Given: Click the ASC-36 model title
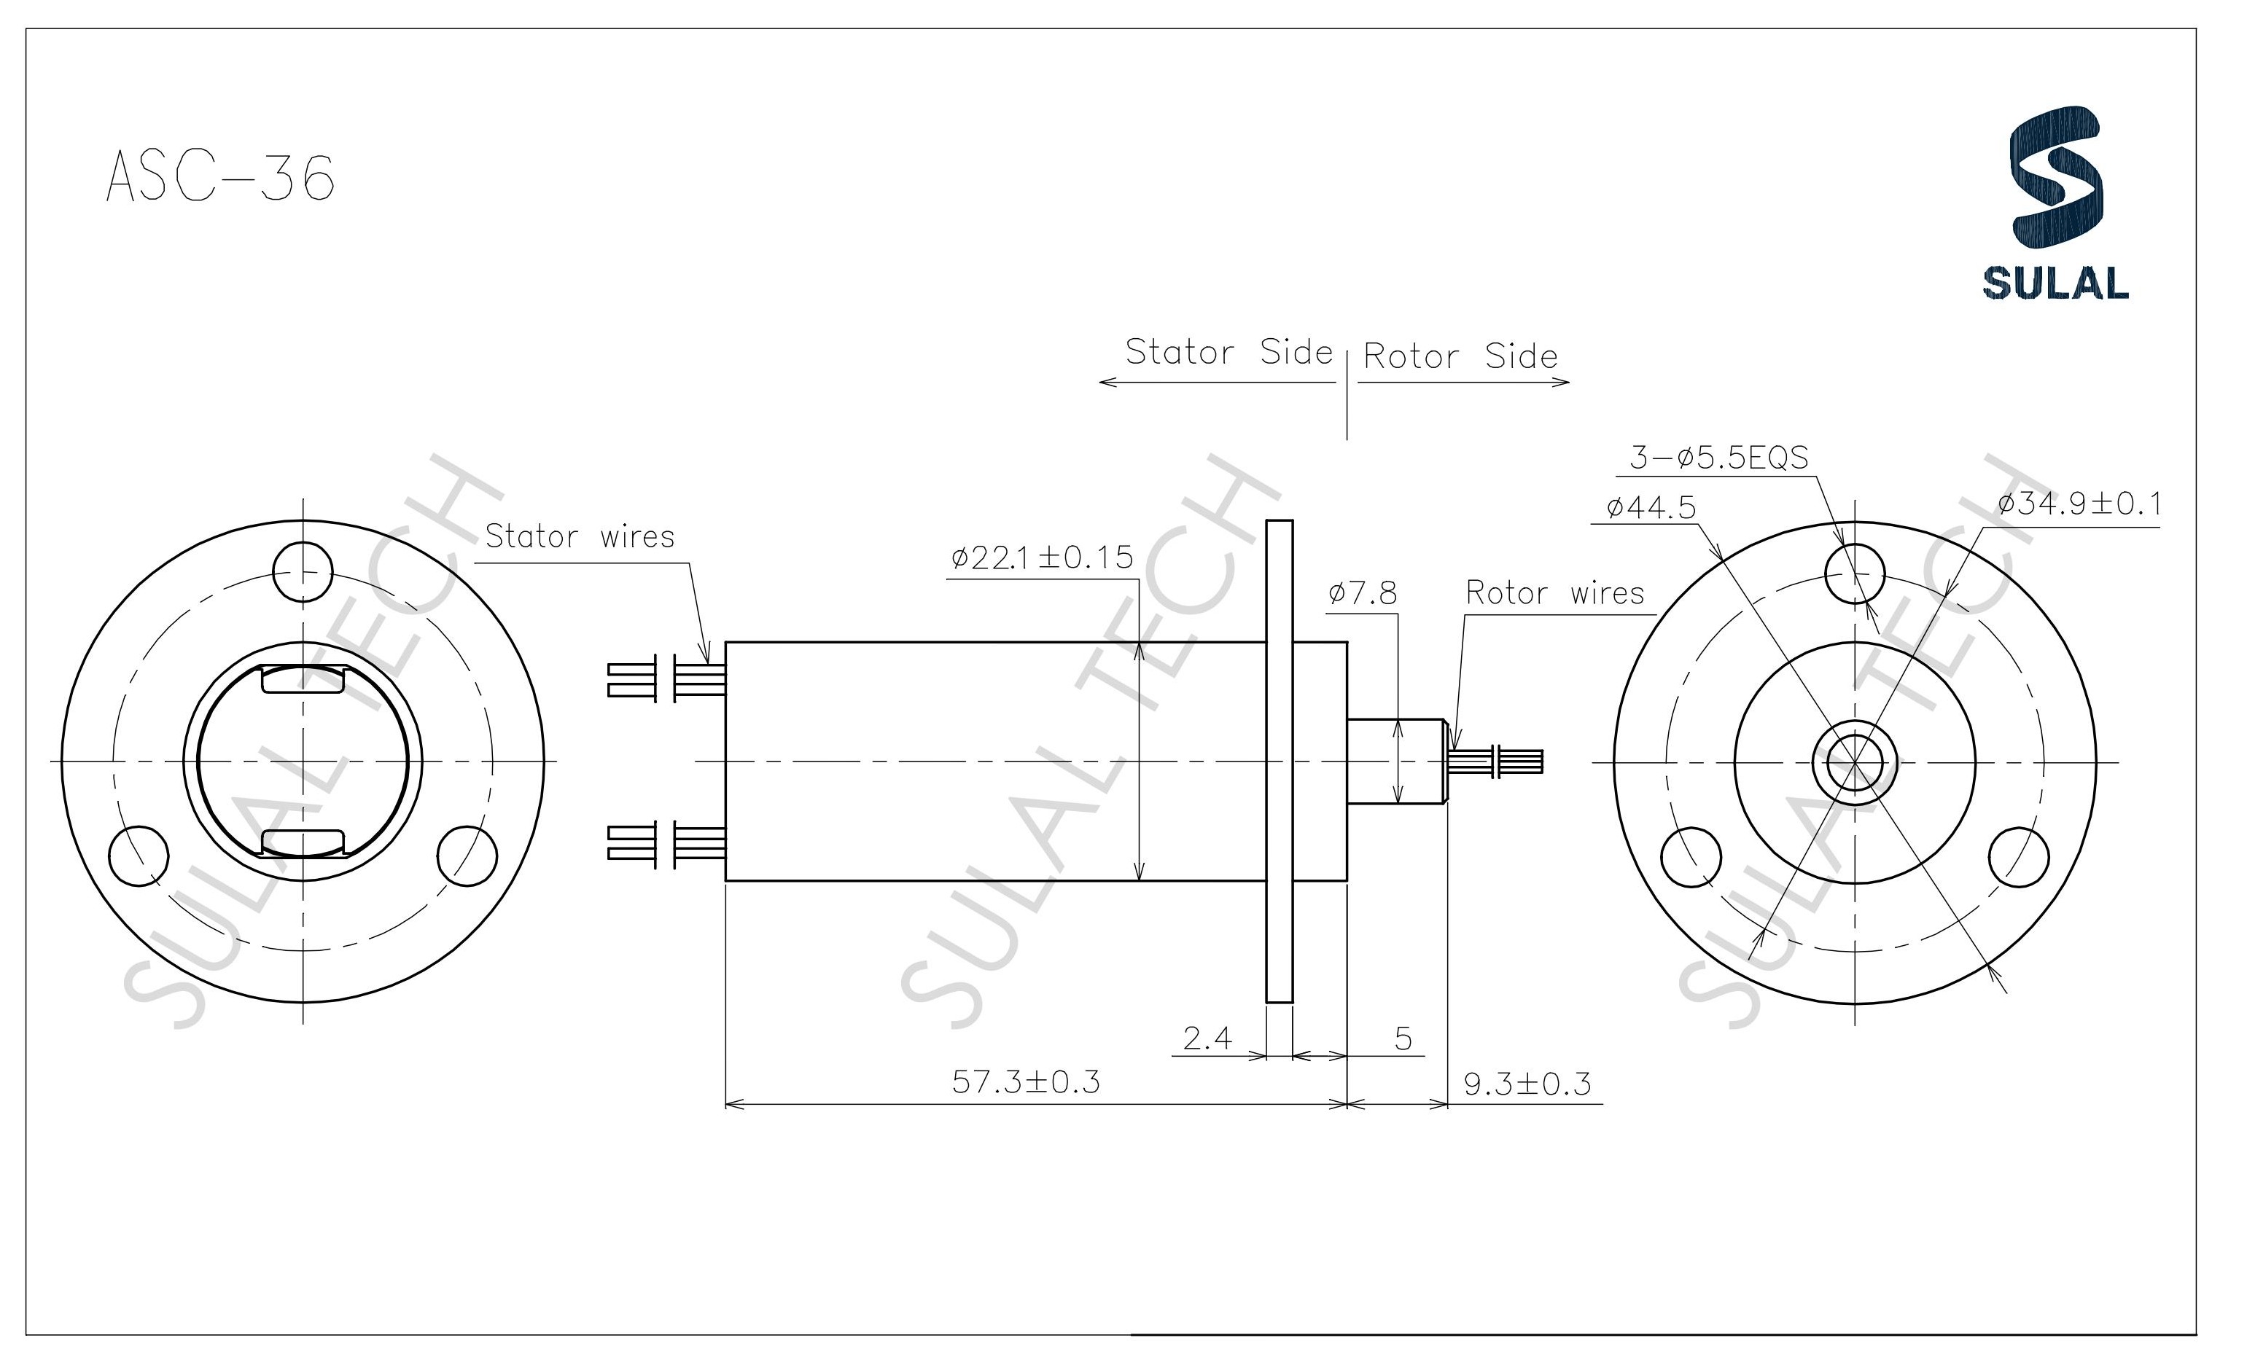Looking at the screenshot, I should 221,177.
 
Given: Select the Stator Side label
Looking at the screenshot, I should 1228,352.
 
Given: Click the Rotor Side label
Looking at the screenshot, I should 1460,356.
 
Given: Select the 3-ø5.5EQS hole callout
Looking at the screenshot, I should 1718,457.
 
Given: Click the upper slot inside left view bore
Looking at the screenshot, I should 303,680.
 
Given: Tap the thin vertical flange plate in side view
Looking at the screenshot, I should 1280,762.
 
